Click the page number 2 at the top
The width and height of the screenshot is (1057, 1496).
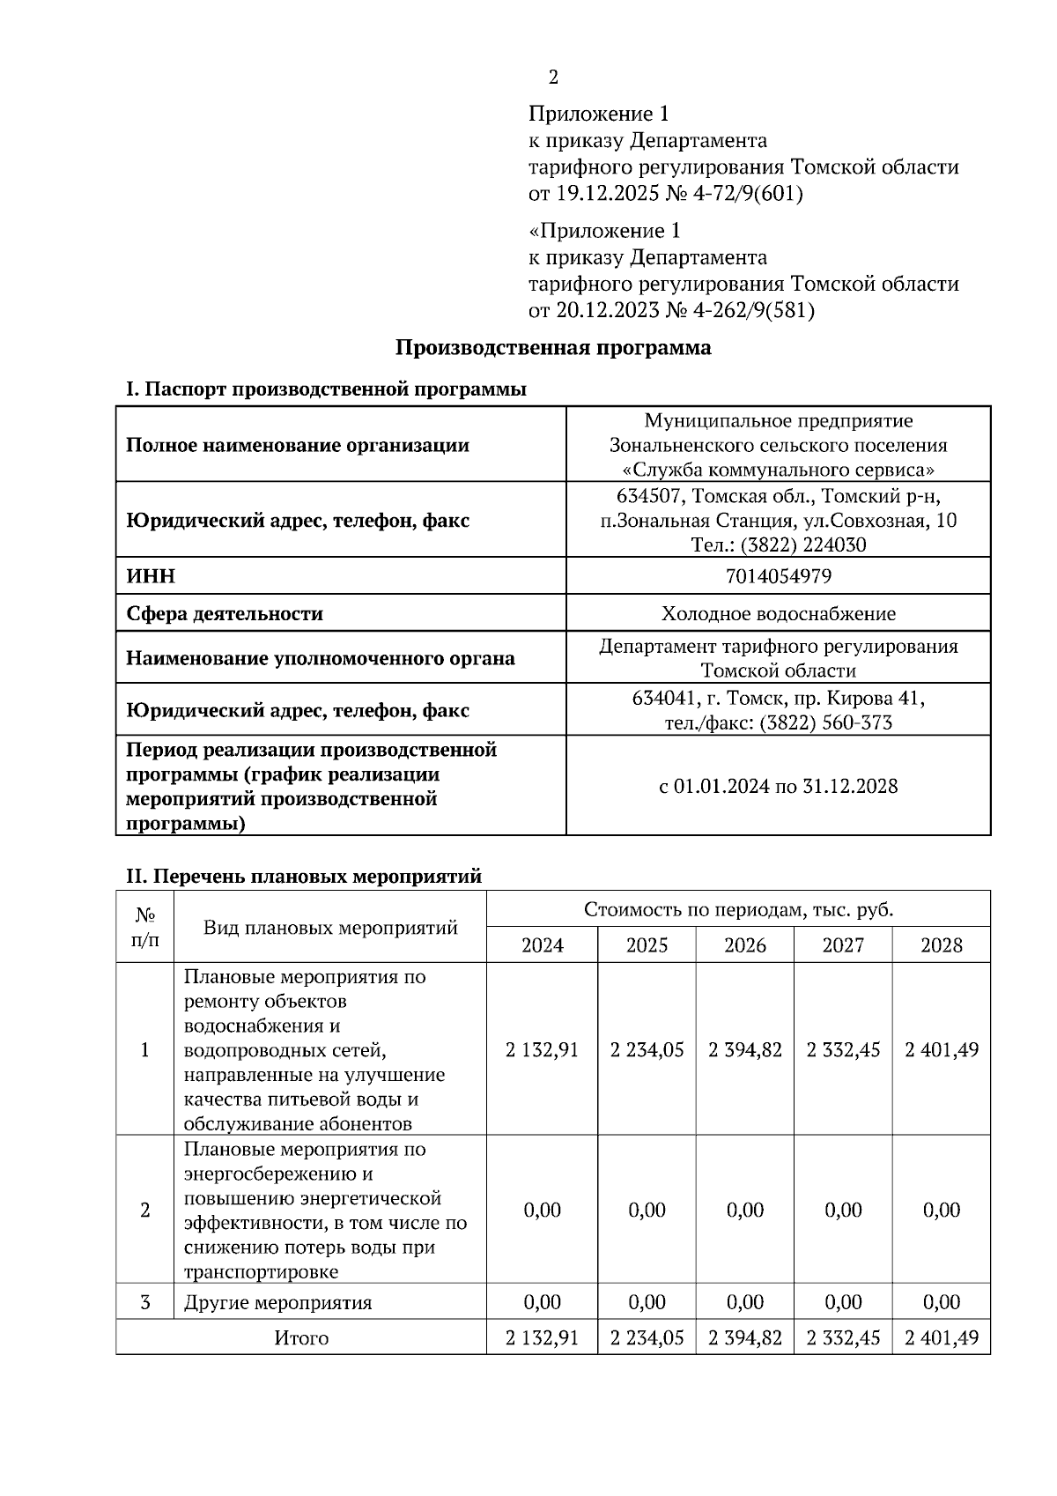pos(553,78)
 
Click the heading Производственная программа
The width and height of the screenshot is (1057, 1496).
pos(552,347)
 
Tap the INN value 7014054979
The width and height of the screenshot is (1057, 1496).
pos(778,576)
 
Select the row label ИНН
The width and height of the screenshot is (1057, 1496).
pos(151,576)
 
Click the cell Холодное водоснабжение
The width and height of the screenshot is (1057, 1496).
pos(778,613)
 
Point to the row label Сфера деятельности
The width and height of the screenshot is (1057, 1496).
pos(225,613)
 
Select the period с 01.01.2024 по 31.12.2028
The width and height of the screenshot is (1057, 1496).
pos(778,786)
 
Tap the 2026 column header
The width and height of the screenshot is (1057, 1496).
pos(744,945)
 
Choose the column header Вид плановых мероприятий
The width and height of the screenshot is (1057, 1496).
pos(330,927)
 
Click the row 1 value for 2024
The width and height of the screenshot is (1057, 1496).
pos(542,1049)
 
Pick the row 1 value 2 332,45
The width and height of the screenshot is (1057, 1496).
pos(843,1049)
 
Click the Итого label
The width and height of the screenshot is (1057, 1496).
pos(301,1337)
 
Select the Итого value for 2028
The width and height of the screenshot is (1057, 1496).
pos(941,1337)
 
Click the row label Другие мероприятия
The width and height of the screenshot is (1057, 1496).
pos(277,1302)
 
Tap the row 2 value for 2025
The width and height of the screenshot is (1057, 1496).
pos(647,1210)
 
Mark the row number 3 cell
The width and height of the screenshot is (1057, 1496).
pos(145,1302)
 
